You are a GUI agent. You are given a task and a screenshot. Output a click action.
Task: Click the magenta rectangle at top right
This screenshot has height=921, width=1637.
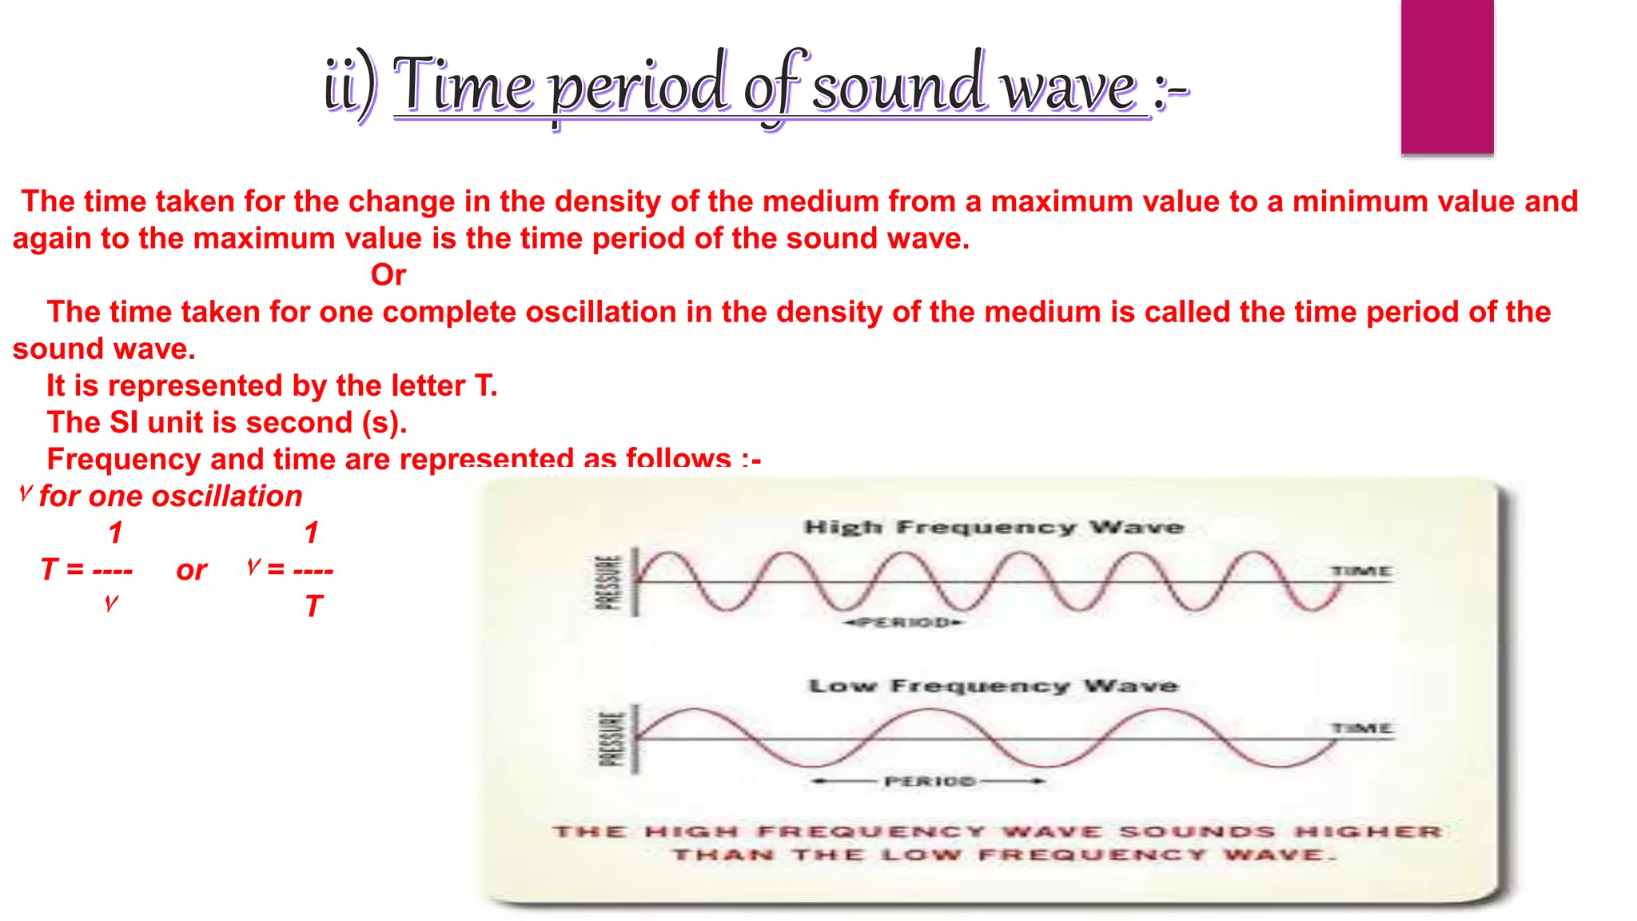pyautogui.click(x=1447, y=76)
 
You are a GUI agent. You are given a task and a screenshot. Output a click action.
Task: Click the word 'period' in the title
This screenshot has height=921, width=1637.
pyautogui.click(x=639, y=88)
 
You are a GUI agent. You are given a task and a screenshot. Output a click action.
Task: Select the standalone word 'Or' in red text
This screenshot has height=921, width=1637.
pyautogui.click(x=388, y=275)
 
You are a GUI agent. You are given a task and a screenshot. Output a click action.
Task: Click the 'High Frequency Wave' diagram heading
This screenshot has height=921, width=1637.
pyautogui.click(x=994, y=528)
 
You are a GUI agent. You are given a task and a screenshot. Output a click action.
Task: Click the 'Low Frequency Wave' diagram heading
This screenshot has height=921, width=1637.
pyautogui.click(x=994, y=686)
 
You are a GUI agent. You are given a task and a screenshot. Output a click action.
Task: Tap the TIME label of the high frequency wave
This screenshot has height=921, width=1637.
pyautogui.click(x=1361, y=571)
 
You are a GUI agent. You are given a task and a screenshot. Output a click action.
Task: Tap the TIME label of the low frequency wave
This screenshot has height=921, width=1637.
pyautogui.click(x=1361, y=728)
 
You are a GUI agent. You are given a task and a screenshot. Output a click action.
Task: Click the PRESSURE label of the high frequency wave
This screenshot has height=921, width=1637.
pyautogui.click(x=609, y=582)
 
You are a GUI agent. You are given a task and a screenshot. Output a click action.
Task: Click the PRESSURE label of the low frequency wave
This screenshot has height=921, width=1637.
pyautogui.click(x=611, y=739)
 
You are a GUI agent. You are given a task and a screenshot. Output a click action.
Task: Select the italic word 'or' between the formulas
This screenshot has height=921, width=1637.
pyautogui.click(x=192, y=570)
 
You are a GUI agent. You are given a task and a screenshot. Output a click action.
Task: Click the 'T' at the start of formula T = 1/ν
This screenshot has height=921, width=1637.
pyautogui.click(x=50, y=570)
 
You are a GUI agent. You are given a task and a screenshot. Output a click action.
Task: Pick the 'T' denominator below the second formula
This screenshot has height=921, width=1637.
pyautogui.click(x=313, y=607)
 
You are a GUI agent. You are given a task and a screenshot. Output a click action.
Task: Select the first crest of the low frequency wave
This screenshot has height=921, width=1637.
pyautogui.click(x=694, y=711)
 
